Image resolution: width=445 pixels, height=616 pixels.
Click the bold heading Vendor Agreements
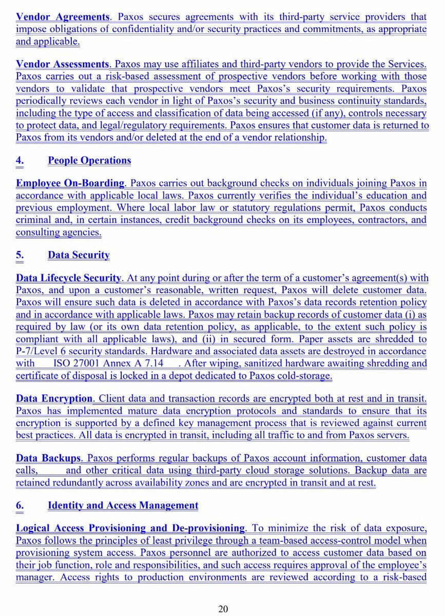coord(62,17)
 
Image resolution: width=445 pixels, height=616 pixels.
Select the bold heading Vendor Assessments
coord(63,64)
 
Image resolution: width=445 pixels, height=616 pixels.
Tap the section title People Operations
coord(89,160)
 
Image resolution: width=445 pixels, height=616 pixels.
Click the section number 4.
coord(19,160)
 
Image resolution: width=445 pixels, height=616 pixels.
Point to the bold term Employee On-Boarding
coord(70,183)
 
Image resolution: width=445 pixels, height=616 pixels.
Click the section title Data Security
coord(79,255)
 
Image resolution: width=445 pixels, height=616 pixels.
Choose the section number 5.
coord(19,255)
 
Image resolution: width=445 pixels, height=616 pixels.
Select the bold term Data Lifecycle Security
coord(68,278)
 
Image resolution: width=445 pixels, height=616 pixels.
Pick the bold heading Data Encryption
coord(54,399)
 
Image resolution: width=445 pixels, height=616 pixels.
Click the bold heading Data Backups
coord(48,458)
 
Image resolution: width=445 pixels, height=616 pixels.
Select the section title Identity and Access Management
coord(123,506)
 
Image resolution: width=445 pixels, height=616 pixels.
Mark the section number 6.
coord(19,506)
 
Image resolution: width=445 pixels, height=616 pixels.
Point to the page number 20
coord(223,609)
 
